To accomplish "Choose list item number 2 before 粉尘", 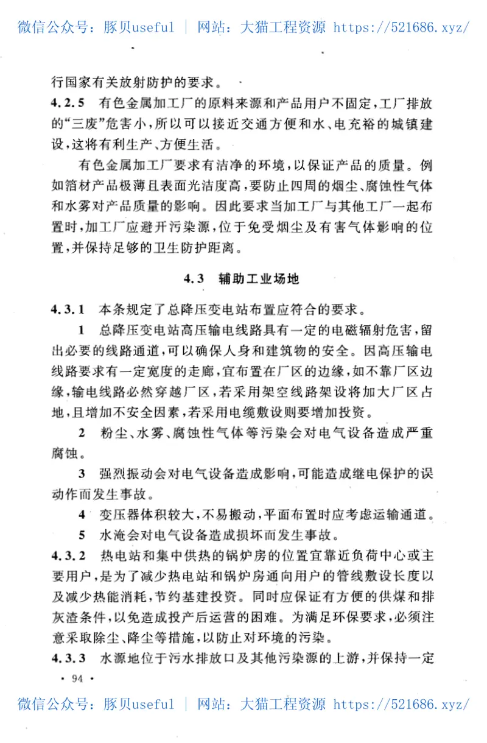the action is tap(82, 434).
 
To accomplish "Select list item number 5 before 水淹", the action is tap(82, 536).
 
